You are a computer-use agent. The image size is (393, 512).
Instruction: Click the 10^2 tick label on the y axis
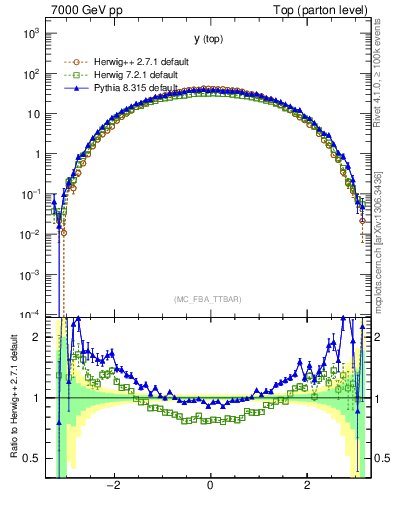pyautogui.click(x=30, y=73)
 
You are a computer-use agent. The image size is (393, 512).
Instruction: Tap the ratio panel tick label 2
pyautogui.click(x=38, y=337)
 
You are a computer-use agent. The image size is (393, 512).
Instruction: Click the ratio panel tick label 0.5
pyautogui.click(x=33, y=458)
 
